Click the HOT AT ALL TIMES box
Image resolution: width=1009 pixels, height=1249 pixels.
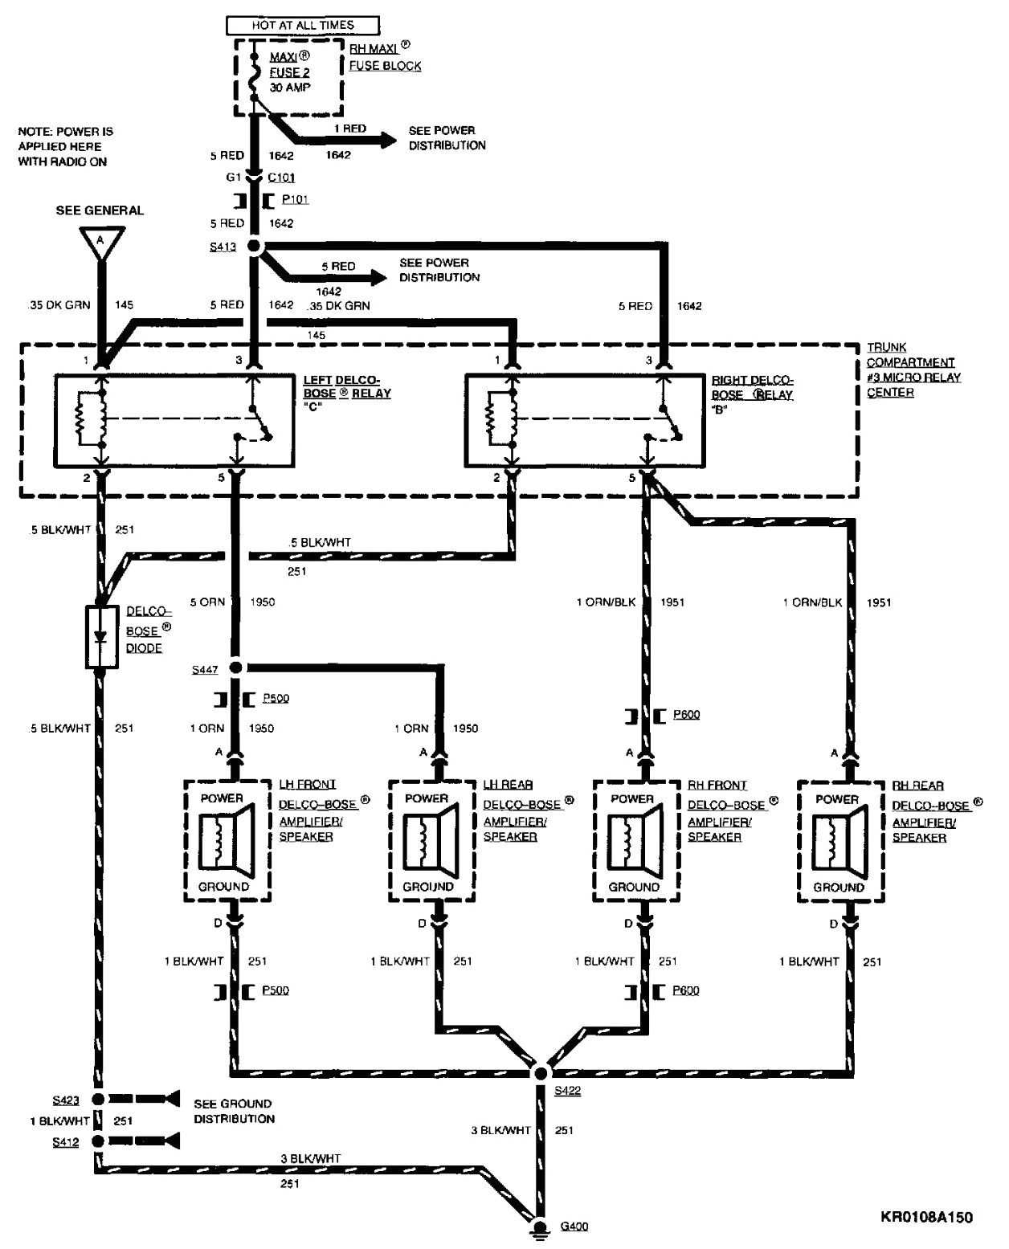[x=292, y=25]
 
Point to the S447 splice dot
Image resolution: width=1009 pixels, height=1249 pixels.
[x=235, y=667]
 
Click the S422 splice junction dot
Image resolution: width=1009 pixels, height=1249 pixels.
[x=541, y=1073]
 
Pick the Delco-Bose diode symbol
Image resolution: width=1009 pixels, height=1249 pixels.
[x=100, y=637]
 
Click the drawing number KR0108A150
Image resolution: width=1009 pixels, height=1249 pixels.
[x=925, y=1218]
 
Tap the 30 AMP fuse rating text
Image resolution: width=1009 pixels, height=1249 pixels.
[x=290, y=87]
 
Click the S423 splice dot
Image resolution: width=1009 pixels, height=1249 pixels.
[x=98, y=1098]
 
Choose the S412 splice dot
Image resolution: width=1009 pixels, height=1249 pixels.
[x=98, y=1141]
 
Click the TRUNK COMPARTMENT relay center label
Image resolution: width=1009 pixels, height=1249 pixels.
[x=913, y=369]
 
